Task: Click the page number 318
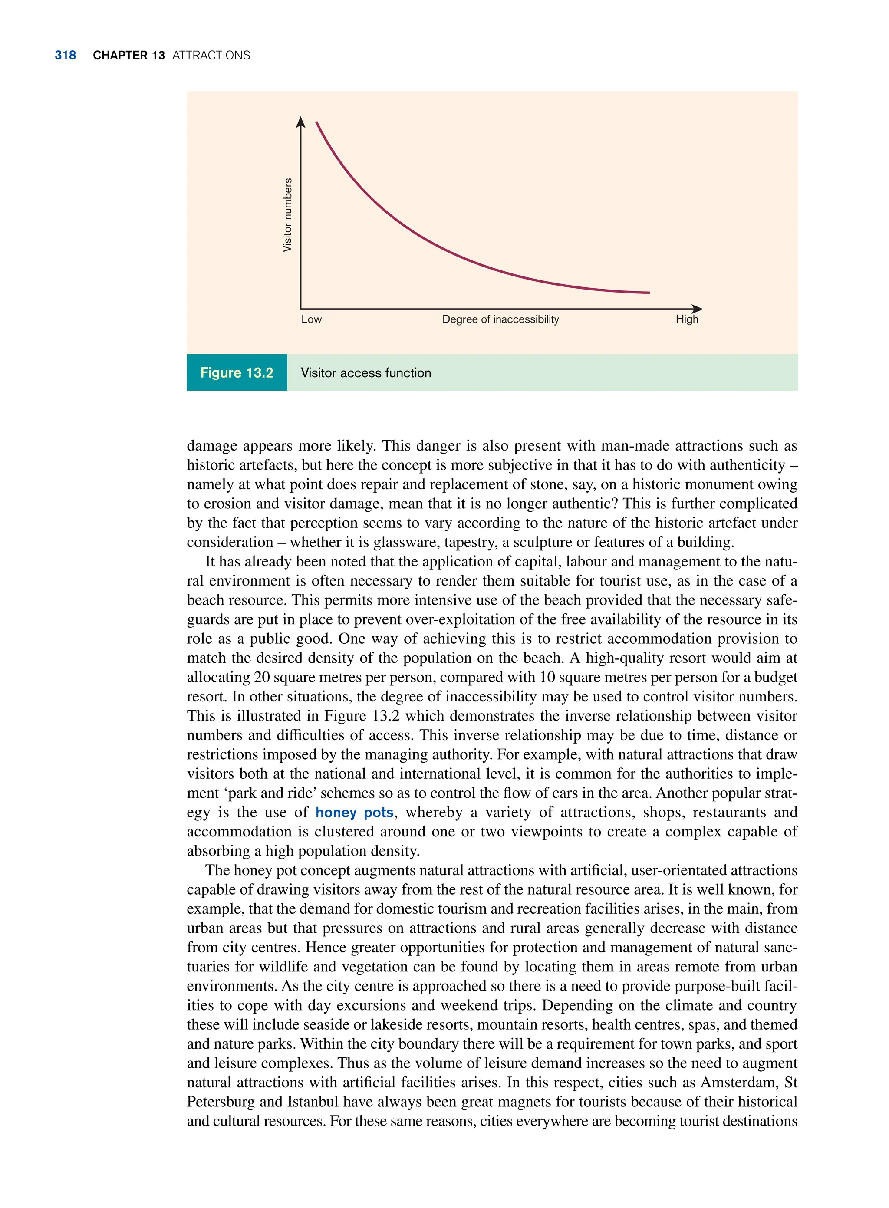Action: pyautogui.click(x=65, y=56)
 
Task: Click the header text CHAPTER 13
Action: pyautogui.click(x=128, y=56)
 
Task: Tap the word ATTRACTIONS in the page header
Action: pyautogui.click(x=211, y=56)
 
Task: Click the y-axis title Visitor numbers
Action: pyautogui.click(x=287, y=215)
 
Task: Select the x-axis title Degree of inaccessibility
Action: pyautogui.click(x=500, y=319)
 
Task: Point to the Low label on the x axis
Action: pyautogui.click(x=311, y=319)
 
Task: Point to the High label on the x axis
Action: pyautogui.click(x=687, y=319)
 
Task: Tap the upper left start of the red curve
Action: pyautogui.click(x=317, y=123)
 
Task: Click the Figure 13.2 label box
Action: pyautogui.click(x=237, y=372)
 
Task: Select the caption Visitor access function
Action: pyautogui.click(x=366, y=373)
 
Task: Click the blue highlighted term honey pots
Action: pyautogui.click(x=355, y=813)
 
